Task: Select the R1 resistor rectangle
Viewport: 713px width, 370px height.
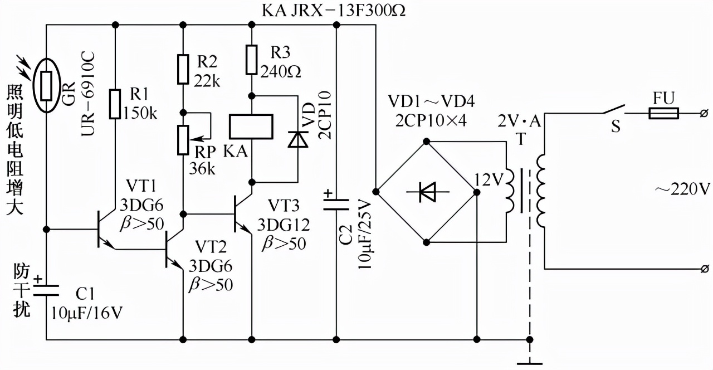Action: point(115,104)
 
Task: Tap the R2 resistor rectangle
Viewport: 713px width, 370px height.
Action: point(183,69)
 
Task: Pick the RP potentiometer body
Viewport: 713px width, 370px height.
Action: point(183,139)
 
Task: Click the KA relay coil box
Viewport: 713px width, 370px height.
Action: point(251,126)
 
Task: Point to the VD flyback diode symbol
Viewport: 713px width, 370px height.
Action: point(297,139)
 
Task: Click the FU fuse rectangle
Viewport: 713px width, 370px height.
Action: point(663,114)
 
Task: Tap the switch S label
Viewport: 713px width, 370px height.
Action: point(616,128)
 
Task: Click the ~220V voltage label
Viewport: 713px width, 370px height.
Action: point(682,189)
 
